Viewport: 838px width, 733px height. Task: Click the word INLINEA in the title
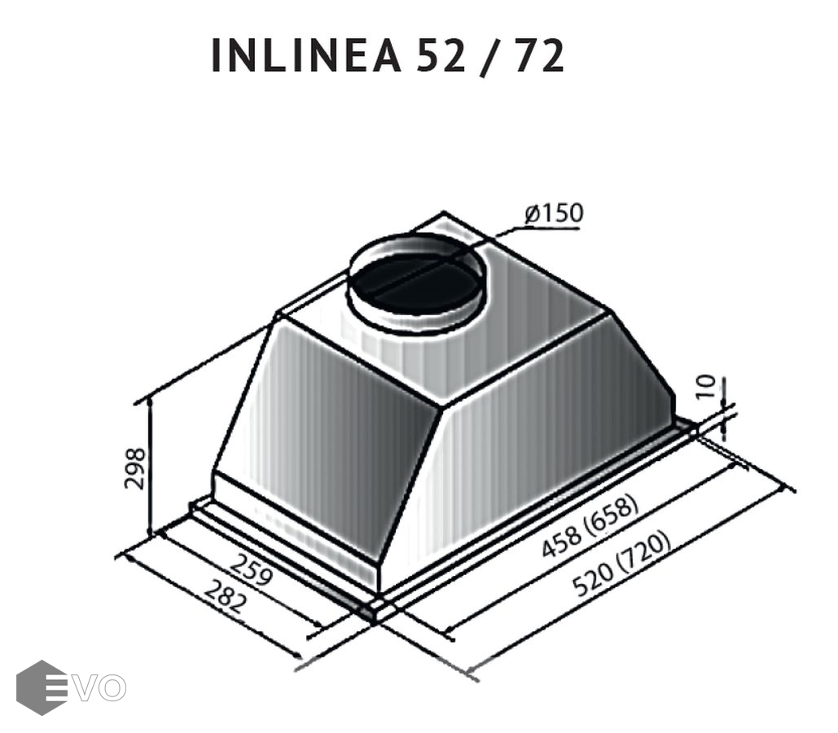[x=305, y=55]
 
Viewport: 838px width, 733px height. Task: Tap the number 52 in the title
[x=441, y=55]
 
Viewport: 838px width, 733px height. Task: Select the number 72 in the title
[x=539, y=55]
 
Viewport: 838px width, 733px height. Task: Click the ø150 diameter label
[x=555, y=213]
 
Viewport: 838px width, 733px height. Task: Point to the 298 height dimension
[x=134, y=468]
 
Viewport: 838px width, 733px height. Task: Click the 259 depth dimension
[x=252, y=569]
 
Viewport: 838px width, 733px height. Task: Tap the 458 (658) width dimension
[x=590, y=527]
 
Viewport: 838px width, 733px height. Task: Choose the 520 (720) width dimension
[x=621, y=564]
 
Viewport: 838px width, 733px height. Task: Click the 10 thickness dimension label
[x=707, y=386]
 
